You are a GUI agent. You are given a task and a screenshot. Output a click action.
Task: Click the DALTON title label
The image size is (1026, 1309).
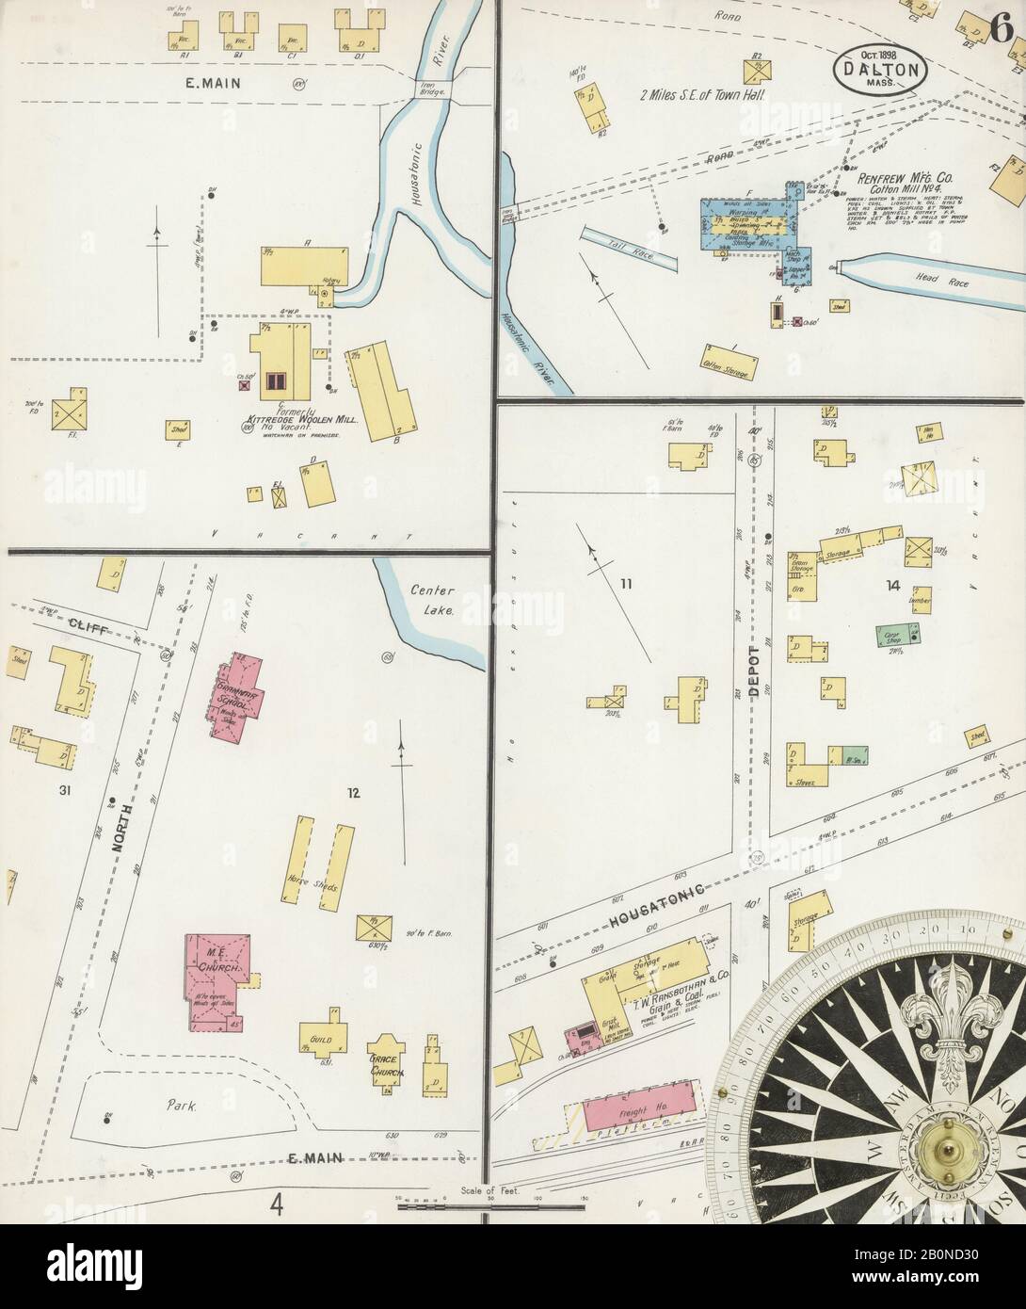(879, 68)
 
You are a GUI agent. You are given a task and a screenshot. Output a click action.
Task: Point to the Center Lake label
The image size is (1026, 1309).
(432, 600)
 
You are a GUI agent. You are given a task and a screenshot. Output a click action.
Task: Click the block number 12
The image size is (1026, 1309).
(352, 793)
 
